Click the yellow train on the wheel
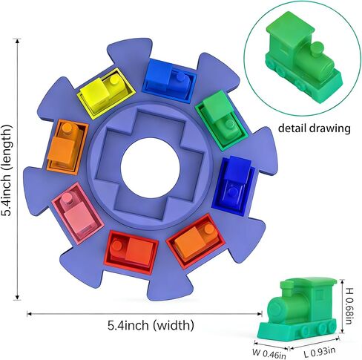point(106,94)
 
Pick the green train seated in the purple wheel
point(220,117)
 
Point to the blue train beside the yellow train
point(168,79)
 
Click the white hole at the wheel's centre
point(150,168)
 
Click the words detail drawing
point(314,128)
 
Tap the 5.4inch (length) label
point(7,171)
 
